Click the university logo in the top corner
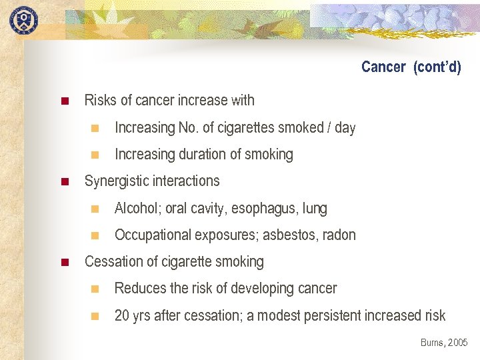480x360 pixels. pos(23,19)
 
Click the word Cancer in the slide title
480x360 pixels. pos(383,67)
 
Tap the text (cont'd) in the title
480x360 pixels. pos(437,67)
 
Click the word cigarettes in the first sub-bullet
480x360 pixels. pos(253,127)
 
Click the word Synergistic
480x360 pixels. pos(117,181)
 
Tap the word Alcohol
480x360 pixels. pos(136,209)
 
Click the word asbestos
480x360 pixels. pos(291,235)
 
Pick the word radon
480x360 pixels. pos(339,235)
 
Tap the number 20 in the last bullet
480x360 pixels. pos(121,315)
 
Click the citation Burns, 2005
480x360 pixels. pos(444,343)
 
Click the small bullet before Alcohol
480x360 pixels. pos(95,209)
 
